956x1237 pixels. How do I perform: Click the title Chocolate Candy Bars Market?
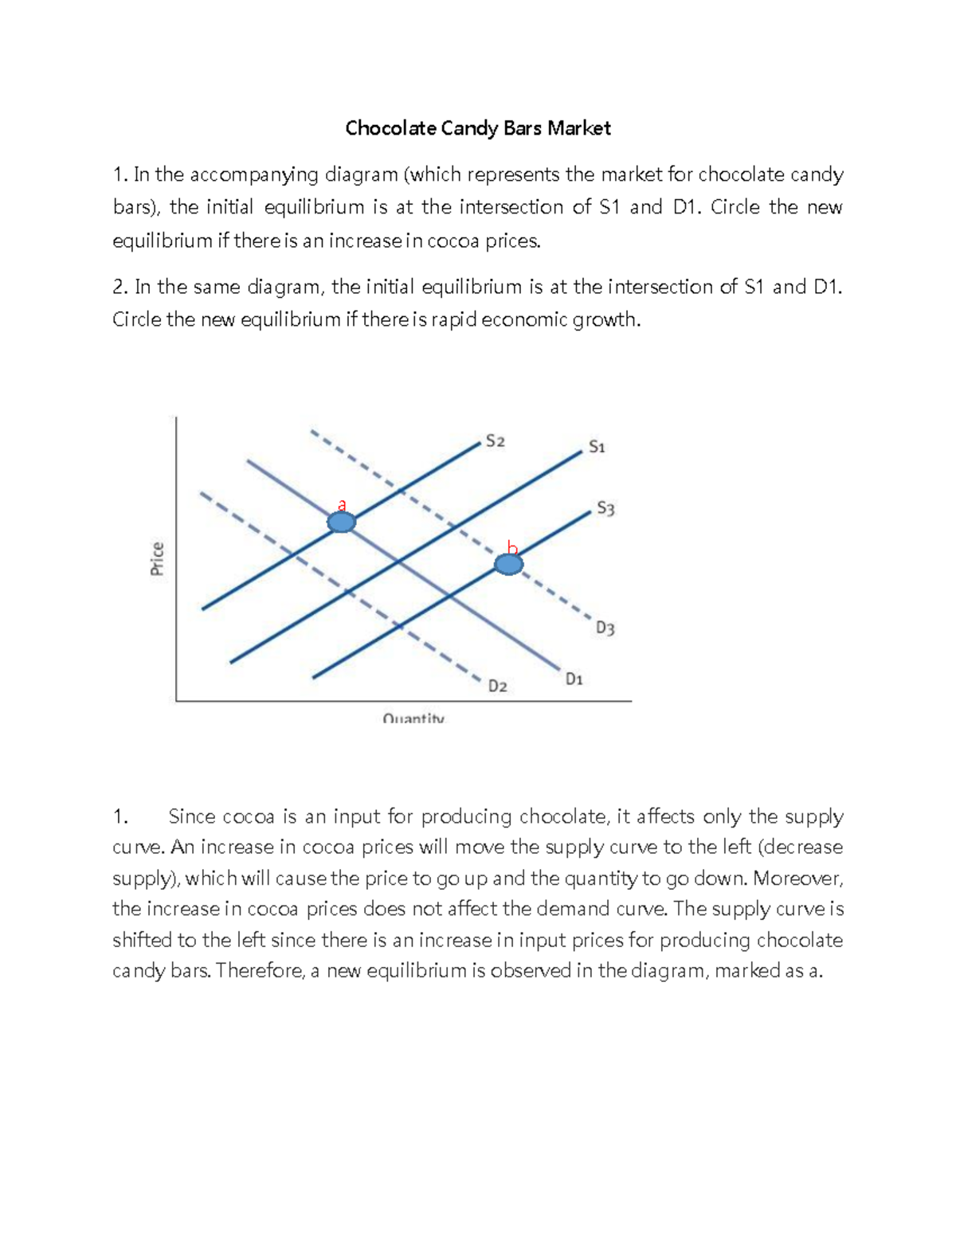point(477,128)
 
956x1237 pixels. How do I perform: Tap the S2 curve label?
point(495,440)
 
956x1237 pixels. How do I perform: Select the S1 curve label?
point(597,447)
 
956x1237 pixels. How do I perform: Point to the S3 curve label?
point(605,508)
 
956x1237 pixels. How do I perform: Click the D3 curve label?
point(605,628)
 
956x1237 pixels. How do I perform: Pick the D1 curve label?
point(574,679)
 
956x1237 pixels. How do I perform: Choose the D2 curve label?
point(497,686)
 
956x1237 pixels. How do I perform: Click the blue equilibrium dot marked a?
point(341,523)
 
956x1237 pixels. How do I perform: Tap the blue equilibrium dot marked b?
point(508,565)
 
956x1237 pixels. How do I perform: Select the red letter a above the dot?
point(342,504)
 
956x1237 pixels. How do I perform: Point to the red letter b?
point(512,547)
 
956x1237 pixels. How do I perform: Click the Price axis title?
point(157,558)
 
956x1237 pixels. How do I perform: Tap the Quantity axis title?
point(413,718)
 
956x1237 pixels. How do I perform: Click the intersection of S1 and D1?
point(398,562)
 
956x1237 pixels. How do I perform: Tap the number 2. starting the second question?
point(120,287)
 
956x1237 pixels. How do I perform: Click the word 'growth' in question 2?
point(610,320)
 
